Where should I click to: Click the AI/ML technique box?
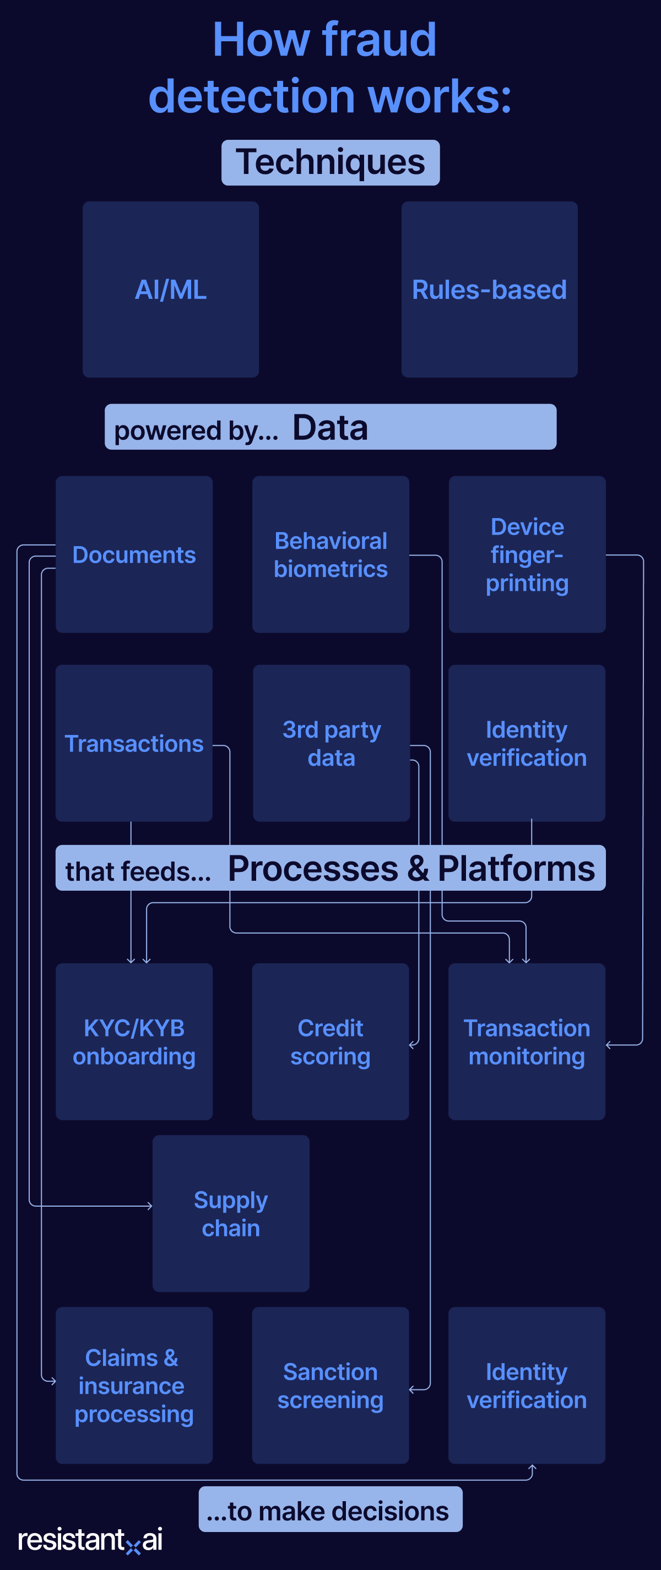click(171, 290)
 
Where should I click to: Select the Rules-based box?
click(489, 290)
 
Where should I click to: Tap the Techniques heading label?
click(330, 162)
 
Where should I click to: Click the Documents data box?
click(134, 555)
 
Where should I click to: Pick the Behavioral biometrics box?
click(330, 555)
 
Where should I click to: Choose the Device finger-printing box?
click(527, 555)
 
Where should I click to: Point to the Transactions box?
click(134, 744)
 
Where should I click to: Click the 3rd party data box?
click(331, 744)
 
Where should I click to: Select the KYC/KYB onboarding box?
click(134, 1042)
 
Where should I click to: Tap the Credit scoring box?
click(330, 1042)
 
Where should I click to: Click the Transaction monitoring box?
click(526, 1042)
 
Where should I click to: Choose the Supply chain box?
click(230, 1213)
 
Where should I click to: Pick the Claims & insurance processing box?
click(134, 1386)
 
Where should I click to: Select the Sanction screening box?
click(330, 1386)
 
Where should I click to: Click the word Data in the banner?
click(330, 427)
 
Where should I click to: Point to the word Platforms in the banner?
click(516, 869)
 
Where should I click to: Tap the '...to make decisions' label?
click(330, 1511)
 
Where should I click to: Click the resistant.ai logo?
click(90, 1540)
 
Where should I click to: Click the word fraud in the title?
click(378, 40)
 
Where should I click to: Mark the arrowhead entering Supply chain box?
click(150, 1206)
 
